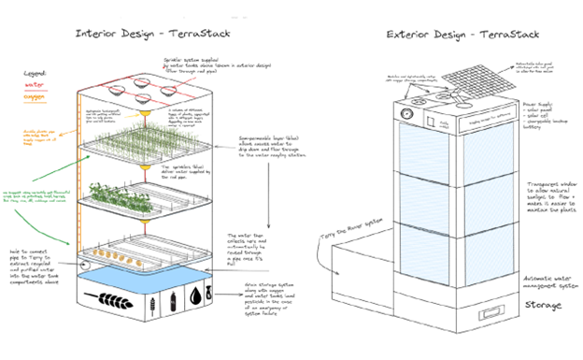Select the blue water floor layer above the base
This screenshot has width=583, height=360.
pos(145,276)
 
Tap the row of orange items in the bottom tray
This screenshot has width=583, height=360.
pos(132,251)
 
